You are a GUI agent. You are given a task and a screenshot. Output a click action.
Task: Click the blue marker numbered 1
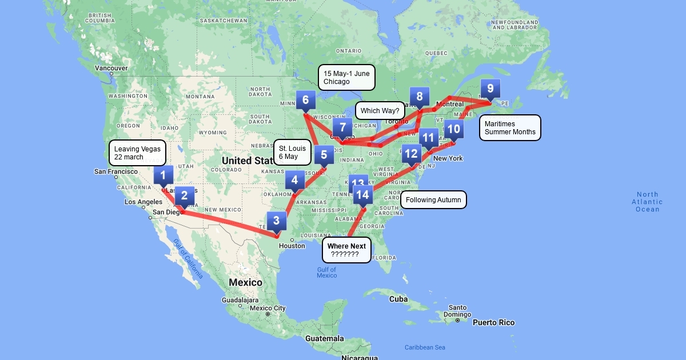click(x=163, y=175)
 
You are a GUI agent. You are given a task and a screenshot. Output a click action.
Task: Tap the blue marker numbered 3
click(x=276, y=221)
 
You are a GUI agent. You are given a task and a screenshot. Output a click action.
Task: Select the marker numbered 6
click(x=305, y=101)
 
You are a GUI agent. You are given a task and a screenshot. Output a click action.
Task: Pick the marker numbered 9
click(x=490, y=89)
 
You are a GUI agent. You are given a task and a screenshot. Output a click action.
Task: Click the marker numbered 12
click(x=411, y=153)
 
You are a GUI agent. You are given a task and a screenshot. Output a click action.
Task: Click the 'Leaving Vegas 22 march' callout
click(x=137, y=153)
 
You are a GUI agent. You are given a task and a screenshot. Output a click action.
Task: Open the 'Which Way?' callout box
click(x=380, y=110)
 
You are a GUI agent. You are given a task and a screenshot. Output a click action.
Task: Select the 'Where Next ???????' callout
click(x=346, y=250)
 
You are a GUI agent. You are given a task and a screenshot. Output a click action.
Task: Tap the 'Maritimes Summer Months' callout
click(x=510, y=127)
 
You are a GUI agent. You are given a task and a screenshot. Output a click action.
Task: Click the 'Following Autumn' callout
click(x=433, y=200)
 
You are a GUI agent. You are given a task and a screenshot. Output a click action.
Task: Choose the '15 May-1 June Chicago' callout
click(x=346, y=77)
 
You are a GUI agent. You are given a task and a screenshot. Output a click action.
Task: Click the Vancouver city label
click(x=111, y=68)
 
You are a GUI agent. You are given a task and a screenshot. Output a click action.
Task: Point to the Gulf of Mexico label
click(x=326, y=273)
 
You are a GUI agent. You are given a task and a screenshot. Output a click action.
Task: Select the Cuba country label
click(x=398, y=299)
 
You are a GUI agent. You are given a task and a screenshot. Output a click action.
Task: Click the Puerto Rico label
click(x=493, y=322)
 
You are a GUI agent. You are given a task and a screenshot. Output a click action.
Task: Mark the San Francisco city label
click(x=116, y=171)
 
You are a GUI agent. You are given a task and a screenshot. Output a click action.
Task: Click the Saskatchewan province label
click(x=224, y=21)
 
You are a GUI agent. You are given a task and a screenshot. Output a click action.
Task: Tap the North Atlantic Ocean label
click(x=647, y=202)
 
